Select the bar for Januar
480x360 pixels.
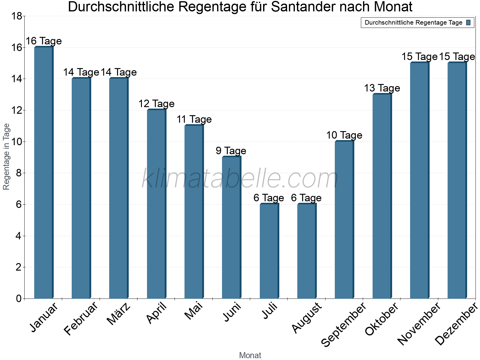44,172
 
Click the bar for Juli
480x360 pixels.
269,251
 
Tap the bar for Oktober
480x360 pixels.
382,196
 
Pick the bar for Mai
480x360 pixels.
194,212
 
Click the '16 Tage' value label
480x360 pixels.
44,41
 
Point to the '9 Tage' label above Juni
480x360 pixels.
231,151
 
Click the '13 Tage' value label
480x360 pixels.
382,88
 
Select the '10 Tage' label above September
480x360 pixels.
344,135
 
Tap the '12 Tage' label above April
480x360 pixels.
156,104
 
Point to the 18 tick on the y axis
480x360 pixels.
16,16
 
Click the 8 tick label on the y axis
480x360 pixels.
19,173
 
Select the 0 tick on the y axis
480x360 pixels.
19,298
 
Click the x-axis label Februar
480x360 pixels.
81,319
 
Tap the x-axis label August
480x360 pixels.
307,318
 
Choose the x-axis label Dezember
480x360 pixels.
456,324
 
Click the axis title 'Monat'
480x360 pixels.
250,355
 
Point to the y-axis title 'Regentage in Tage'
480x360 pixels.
7,157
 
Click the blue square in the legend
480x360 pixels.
468,22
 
